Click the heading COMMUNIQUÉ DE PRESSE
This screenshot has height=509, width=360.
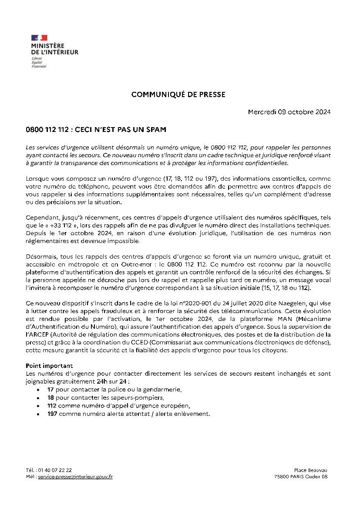click(x=178, y=94)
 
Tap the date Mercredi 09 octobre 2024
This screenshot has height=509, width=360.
click(x=289, y=112)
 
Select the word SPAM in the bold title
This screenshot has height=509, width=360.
click(x=156, y=130)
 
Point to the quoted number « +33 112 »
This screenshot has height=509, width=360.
click(x=54, y=226)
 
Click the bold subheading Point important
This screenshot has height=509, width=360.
click(x=49, y=366)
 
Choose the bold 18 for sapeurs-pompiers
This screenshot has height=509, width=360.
click(x=50, y=398)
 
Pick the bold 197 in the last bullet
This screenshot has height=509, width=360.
click(x=52, y=414)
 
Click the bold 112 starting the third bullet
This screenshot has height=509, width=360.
click(x=52, y=406)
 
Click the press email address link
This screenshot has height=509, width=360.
click(x=75, y=477)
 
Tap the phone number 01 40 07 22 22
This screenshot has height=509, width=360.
click(x=55, y=470)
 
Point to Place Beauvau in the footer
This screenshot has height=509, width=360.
click(x=310, y=470)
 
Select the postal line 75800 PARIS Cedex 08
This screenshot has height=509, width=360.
click(x=301, y=477)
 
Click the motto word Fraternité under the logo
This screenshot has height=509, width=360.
click(x=39, y=67)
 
